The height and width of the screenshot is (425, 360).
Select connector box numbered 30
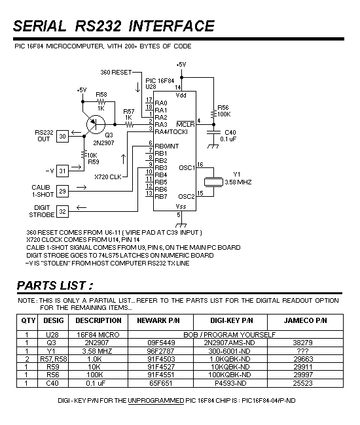(62, 137)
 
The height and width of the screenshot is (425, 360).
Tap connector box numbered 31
(62, 171)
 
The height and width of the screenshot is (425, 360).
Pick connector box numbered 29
(62, 191)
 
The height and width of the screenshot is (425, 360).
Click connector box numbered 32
(62, 211)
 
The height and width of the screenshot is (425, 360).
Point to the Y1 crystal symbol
(213, 182)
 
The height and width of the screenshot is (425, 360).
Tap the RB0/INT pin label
(166, 146)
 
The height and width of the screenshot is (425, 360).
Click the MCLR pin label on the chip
(185, 124)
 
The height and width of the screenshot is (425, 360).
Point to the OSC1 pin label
(187, 168)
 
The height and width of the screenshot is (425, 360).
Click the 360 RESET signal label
(116, 73)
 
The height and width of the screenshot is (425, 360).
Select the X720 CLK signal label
(108, 177)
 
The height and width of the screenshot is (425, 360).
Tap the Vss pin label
(181, 206)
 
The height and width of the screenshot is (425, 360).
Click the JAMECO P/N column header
(305, 320)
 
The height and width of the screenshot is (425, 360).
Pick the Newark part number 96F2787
(160, 351)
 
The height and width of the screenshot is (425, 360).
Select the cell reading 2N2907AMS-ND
(230, 343)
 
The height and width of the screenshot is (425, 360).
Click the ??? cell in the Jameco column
(303, 351)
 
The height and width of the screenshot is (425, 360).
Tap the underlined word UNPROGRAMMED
(156, 401)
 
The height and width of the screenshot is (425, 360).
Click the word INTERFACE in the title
(171, 26)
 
